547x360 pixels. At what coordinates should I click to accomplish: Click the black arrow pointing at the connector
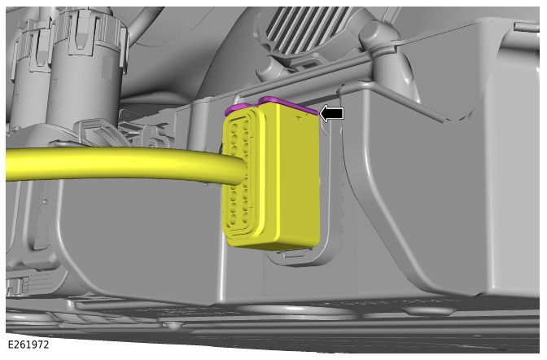coord(331,114)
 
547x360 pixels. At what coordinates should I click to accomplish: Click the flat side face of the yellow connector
coord(298,178)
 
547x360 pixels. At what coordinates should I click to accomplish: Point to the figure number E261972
coord(28,345)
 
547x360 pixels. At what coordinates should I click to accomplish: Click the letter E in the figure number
coord(10,345)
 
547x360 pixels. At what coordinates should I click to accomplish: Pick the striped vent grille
coord(307,29)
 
